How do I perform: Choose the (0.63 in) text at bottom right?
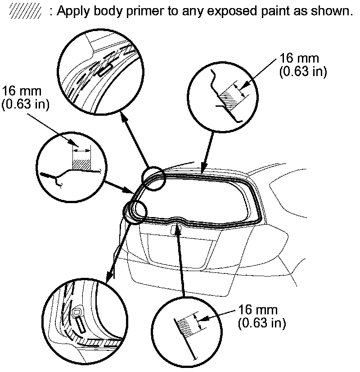(x=261, y=322)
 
